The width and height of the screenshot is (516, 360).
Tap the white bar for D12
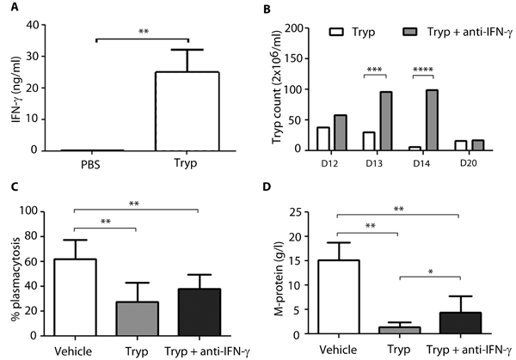pyautogui.click(x=323, y=138)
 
